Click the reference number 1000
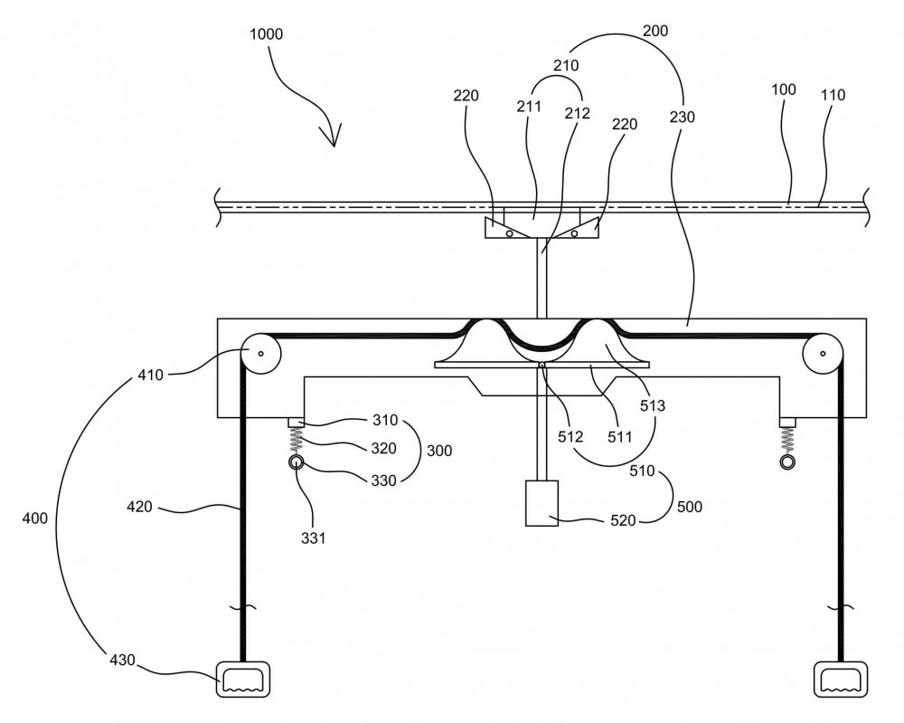(x=266, y=34)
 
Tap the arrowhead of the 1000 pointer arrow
(x=334, y=138)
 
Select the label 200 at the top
(x=655, y=31)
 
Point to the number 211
(x=529, y=106)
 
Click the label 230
(x=682, y=117)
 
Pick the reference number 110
(x=833, y=95)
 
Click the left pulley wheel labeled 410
(x=260, y=353)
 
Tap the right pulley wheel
(x=823, y=353)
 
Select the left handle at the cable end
(x=243, y=680)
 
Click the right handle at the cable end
(x=841, y=680)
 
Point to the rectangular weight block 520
(x=541, y=503)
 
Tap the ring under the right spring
(x=787, y=462)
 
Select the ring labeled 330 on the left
(x=297, y=462)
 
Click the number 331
(x=313, y=537)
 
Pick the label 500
(x=690, y=507)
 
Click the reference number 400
(x=34, y=518)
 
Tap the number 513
(x=653, y=405)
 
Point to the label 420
(x=139, y=507)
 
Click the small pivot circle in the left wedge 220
(x=510, y=233)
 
